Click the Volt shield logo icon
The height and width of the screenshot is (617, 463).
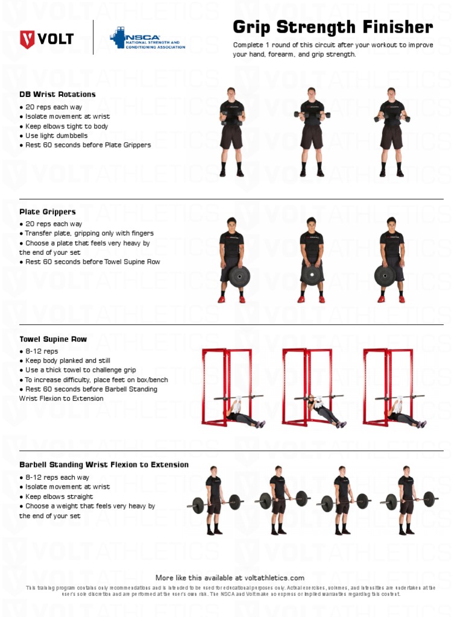point(28,40)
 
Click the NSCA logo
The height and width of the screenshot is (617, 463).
point(147,39)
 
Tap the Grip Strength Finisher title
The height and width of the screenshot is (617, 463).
point(333,27)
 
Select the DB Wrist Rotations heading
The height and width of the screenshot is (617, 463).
point(57,95)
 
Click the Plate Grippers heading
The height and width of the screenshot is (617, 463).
point(48,212)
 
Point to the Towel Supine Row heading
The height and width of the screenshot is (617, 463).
point(53,339)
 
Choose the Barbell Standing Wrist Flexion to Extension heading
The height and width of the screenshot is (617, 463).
point(104,465)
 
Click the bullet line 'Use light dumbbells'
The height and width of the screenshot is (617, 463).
point(56,136)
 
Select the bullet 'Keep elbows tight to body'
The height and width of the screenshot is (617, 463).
point(66,127)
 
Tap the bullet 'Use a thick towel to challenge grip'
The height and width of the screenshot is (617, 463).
point(80,370)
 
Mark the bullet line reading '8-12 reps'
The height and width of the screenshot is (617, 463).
point(42,351)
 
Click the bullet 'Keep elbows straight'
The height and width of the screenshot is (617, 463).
point(59,496)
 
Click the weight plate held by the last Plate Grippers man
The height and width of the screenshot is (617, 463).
point(385,276)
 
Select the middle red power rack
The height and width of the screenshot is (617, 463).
point(304,386)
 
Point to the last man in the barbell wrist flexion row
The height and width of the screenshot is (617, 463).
point(406,500)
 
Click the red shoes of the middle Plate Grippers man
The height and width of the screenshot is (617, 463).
point(311,299)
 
